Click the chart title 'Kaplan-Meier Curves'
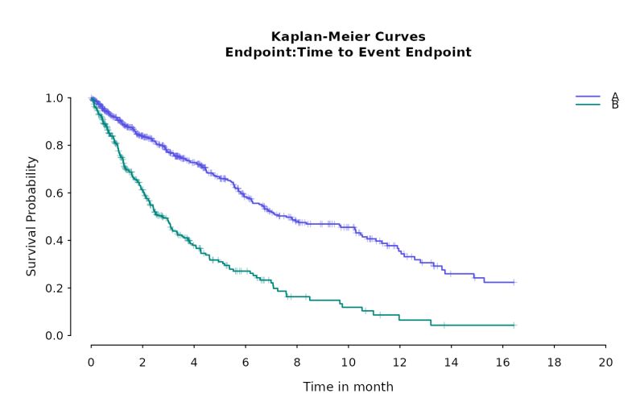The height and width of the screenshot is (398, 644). point(348,37)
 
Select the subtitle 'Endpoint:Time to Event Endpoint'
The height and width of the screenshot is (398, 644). point(348,52)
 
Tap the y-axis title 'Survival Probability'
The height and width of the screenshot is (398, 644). point(32,216)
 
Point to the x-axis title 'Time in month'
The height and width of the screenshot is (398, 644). point(348,387)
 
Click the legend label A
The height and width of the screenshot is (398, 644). point(615,97)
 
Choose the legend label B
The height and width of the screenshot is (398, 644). point(615,105)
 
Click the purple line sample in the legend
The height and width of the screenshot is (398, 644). point(588,97)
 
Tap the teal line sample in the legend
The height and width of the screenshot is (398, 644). point(588,105)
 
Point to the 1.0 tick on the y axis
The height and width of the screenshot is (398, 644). point(54,98)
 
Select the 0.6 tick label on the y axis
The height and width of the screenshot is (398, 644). point(54,193)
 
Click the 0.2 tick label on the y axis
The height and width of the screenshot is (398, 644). point(54,288)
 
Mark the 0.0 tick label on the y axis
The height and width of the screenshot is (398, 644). point(54,336)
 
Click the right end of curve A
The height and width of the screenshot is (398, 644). point(513,282)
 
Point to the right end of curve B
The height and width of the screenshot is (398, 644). point(513,325)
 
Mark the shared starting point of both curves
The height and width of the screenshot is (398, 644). point(91,98)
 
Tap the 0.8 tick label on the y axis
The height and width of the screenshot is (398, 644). point(54,146)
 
